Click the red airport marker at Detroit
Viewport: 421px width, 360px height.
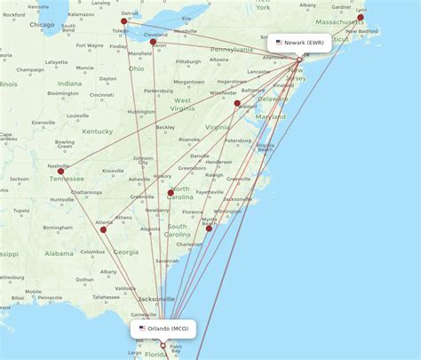[x=124, y=21]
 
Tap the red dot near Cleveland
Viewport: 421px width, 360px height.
[x=153, y=42]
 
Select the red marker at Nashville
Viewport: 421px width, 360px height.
[x=61, y=171]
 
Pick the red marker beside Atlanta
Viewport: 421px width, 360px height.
[x=103, y=229]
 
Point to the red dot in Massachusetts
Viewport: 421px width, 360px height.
[x=361, y=17]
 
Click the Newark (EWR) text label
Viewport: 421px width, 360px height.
[x=305, y=42]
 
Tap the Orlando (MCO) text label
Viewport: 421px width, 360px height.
[x=168, y=329]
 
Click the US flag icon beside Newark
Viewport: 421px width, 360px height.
[x=279, y=42]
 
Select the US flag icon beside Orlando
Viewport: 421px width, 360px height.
[x=142, y=329]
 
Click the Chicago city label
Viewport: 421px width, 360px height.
[x=40, y=25]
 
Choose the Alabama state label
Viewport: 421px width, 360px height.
[x=60, y=253]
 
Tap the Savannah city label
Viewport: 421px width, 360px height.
[x=166, y=260]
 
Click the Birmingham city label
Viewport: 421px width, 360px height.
[x=58, y=228]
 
